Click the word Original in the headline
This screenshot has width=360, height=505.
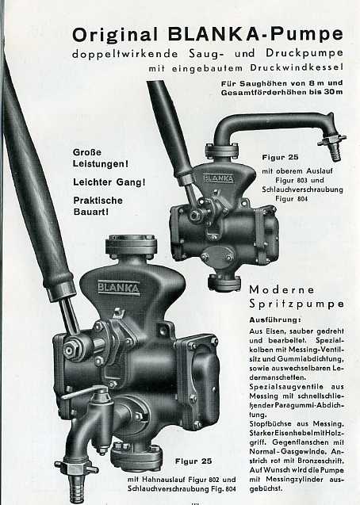coord(115,35)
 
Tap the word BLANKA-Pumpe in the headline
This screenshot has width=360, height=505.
coord(255,34)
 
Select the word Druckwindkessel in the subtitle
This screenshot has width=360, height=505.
coord(297,68)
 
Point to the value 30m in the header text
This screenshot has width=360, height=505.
coord(334,92)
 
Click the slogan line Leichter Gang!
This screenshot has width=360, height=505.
coord(109,182)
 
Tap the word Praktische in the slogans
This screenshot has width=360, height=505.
coord(98,201)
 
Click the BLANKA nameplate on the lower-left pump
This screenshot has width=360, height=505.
coord(118,287)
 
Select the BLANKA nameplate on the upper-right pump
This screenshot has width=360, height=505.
coord(218,178)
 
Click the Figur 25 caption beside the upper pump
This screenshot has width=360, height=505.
coord(280,158)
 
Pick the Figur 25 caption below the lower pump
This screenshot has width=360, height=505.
coord(193,461)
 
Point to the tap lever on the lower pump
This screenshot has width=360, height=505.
coord(84,392)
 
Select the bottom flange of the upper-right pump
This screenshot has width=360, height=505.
coord(224,282)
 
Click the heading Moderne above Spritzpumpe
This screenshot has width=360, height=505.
coord(281,289)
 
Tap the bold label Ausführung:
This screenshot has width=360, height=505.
coord(275,319)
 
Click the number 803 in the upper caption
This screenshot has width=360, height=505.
coord(303,181)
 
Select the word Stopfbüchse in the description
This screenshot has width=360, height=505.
coord(270,424)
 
